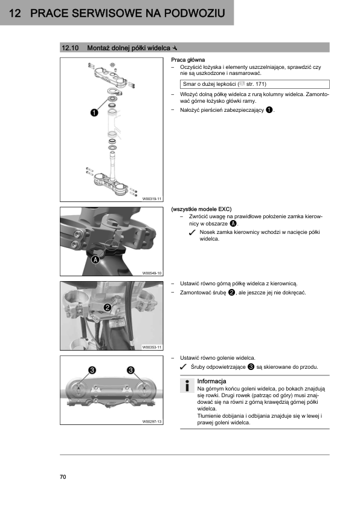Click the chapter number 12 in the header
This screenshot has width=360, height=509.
15,13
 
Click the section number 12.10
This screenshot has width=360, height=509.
70,48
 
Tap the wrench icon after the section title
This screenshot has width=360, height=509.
175,48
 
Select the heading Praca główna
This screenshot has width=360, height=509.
188,60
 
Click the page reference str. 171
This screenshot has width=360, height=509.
256,84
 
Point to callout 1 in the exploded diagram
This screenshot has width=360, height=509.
94,112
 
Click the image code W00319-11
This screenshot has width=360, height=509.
152,199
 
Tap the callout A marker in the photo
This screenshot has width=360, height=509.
95,260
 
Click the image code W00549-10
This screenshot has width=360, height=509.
152,273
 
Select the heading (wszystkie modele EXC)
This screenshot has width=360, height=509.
201,209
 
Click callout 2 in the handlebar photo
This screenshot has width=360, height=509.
108,307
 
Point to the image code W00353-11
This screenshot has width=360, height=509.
152,348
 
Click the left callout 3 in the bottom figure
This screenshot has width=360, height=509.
92,370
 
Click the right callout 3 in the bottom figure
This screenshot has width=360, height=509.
130,370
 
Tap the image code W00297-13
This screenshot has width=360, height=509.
152,422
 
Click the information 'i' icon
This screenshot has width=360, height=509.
187,386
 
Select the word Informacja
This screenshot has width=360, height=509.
211,381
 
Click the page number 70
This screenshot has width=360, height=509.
63,476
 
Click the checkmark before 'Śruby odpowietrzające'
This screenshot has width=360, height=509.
183,367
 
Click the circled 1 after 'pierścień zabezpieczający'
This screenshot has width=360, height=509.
269,110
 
